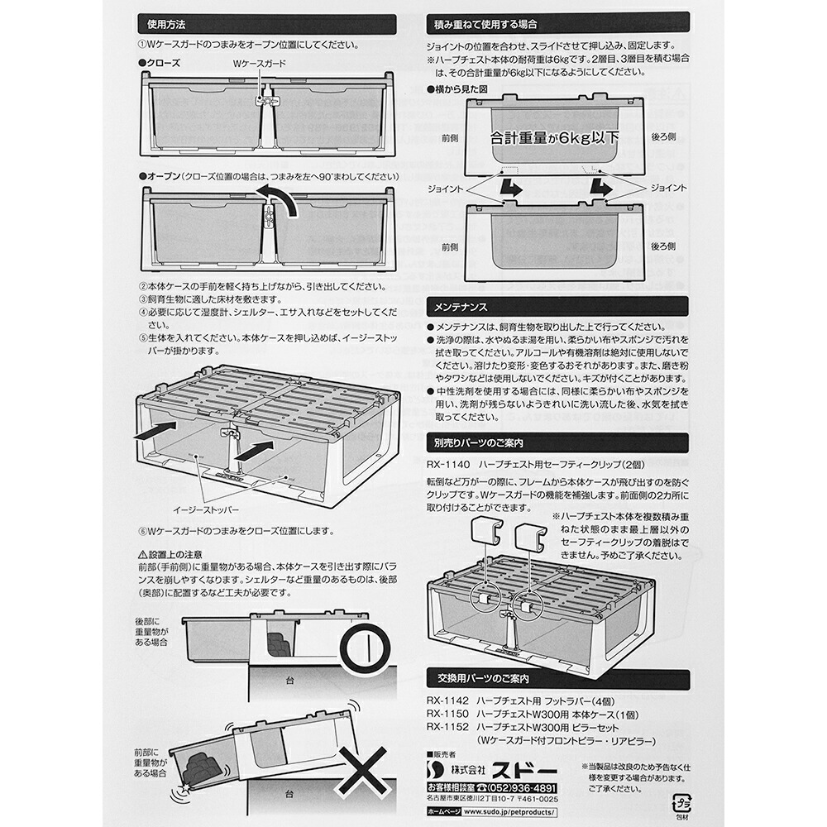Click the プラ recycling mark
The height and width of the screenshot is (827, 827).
[x=682, y=804]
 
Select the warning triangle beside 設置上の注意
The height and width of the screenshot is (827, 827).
[x=144, y=554]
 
